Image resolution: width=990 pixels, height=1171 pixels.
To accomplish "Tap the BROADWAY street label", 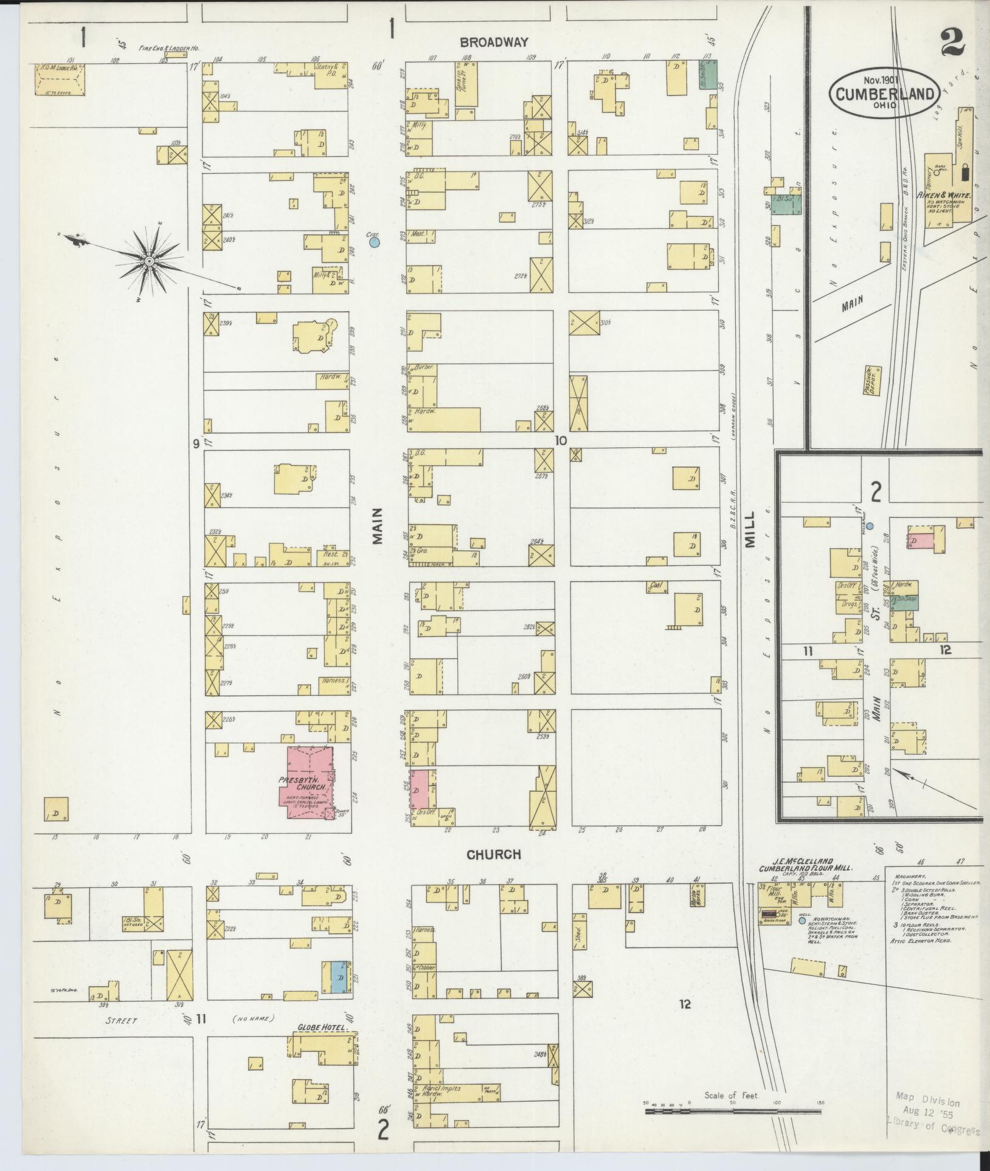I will pyautogui.click(x=493, y=43).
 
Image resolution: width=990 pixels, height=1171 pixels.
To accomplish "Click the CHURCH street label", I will pyautogui.click(x=493, y=854).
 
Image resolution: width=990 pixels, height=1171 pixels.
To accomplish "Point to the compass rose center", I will pyautogui.click(x=149, y=260).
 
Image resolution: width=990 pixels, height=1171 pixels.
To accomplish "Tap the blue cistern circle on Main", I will pyautogui.click(x=375, y=242).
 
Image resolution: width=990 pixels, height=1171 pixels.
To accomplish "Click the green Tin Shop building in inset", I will pyautogui.click(x=907, y=602).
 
